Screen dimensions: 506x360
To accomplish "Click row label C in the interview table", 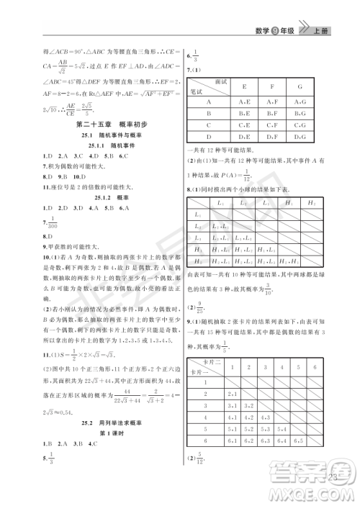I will pyautogui.click(x=199, y=125).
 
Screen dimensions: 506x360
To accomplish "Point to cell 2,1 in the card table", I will pyautogui.click(x=232, y=394).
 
